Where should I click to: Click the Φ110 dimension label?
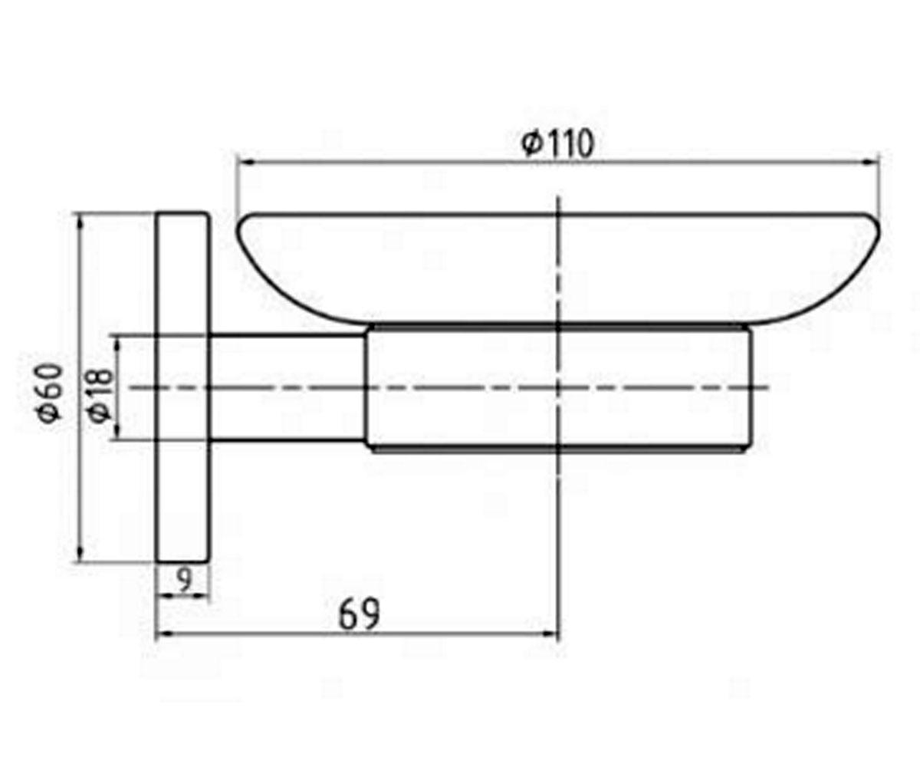pos(558,143)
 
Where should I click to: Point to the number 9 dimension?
pos(185,580)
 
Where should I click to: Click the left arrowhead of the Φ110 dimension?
pos(246,162)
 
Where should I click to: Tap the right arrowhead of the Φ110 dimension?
pos(871,162)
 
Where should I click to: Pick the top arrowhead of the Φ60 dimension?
pos(80,222)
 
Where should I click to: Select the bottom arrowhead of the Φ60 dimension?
pos(80,553)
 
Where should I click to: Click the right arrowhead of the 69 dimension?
pos(550,634)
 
